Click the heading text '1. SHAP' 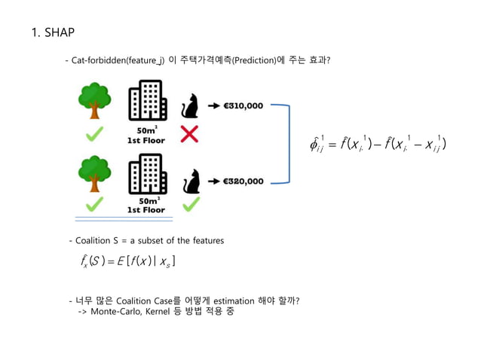(x=52, y=32)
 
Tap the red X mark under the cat (x=190, y=134)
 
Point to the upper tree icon (x=93, y=100)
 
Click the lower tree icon (x=93, y=174)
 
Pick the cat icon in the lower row (x=192, y=182)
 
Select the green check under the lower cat (x=191, y=205)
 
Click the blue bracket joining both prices (x=285, y=143)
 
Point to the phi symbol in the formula (x=315, y=143)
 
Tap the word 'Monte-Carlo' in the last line (x=116, y=311)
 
